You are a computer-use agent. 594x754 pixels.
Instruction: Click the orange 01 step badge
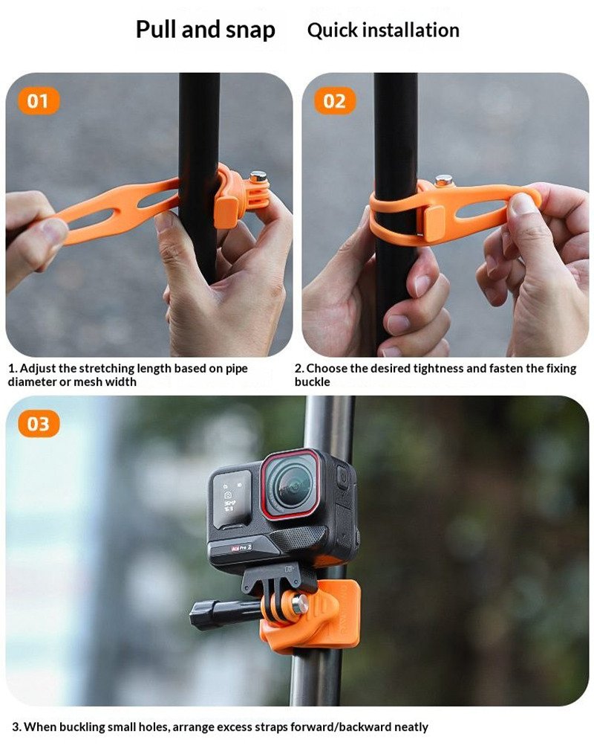coord(38,101)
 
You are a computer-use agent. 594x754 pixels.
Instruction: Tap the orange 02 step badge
coord(334,101)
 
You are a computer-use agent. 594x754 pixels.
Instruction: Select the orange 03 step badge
coord(39,424)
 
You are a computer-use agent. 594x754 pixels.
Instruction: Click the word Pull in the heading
coord(156,29)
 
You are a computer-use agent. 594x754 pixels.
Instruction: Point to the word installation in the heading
coord(411,30)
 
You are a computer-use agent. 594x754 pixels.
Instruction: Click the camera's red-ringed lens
coord(291,484)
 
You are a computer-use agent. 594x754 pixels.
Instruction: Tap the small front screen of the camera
coord(232,500)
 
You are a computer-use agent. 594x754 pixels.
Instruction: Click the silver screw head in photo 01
coord(258,176)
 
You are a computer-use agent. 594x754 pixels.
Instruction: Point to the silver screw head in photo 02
coord(443,181)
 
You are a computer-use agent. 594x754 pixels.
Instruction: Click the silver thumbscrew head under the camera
coord(300,604)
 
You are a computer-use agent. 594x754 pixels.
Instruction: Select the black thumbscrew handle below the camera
coord(225,613)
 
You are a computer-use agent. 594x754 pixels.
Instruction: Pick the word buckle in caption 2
coord(312,381)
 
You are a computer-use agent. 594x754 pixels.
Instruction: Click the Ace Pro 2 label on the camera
coord(241,548)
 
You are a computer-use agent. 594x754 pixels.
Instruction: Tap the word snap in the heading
coord(250,30)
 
